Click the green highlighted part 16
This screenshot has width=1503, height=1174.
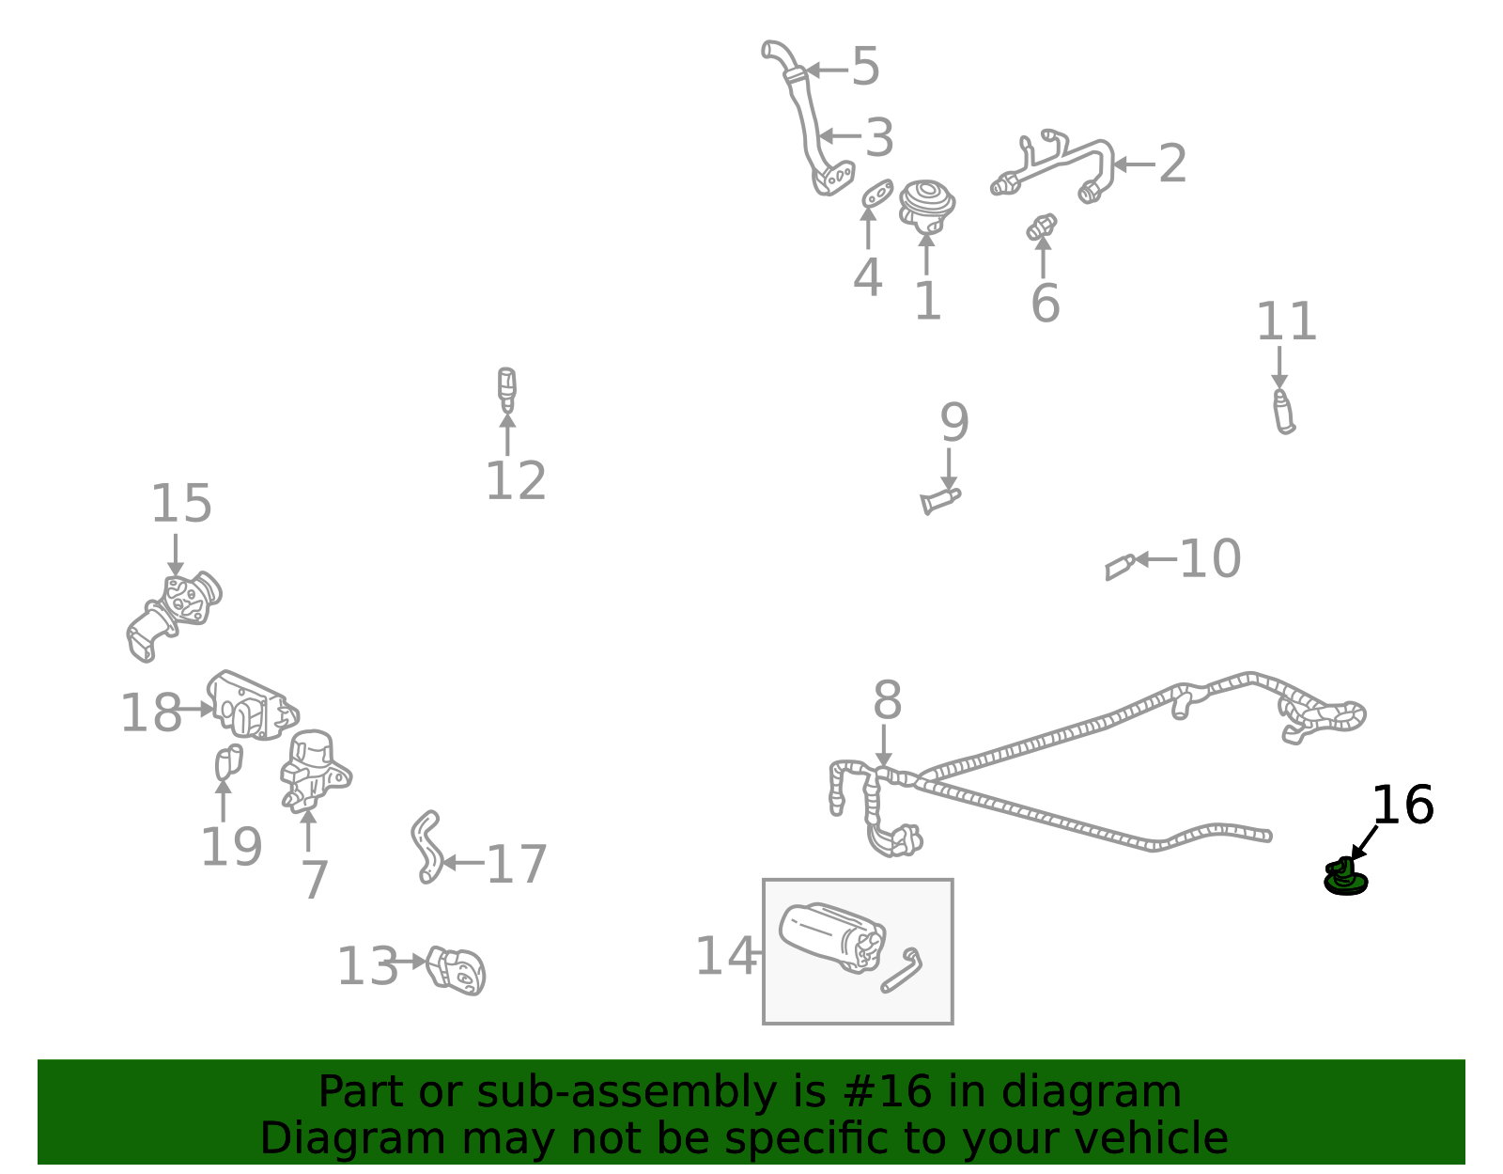pos(1344,878)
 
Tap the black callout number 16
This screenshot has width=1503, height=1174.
pos(1402,806)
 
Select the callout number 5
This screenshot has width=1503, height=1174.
pos(865,67)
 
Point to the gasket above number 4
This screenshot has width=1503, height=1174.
pos(877,193)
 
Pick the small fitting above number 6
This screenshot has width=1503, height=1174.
pos(1041,227)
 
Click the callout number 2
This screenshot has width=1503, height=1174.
pos(1172,164)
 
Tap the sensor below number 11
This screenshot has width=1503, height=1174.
pos(1284,412)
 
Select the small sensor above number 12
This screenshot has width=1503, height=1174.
pos(507,389)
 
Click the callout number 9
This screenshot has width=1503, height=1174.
pos(953,422)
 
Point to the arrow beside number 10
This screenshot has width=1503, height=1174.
pos(1155,558)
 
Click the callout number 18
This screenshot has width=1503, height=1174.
pos(151,712)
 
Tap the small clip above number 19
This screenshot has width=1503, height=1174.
pos(228,761)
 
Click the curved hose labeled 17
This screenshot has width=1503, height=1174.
pos(426,847)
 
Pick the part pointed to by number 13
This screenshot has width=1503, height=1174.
pos(456,971)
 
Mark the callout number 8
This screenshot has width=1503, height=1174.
pos(887,699)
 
